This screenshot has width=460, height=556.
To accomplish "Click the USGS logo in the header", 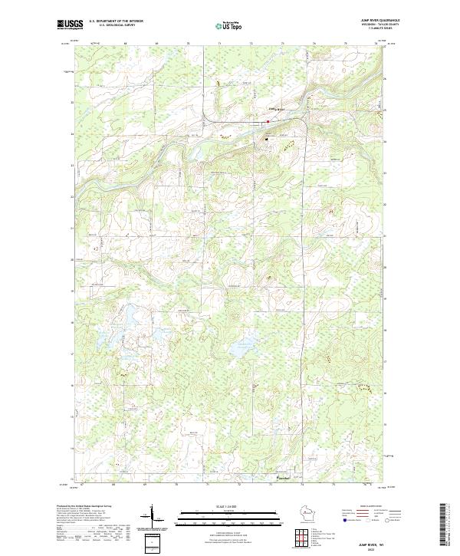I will click(71, 25).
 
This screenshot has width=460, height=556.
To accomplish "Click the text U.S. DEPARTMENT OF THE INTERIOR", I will click(116, 21).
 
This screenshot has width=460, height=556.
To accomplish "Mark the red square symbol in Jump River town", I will click(268, 120).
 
